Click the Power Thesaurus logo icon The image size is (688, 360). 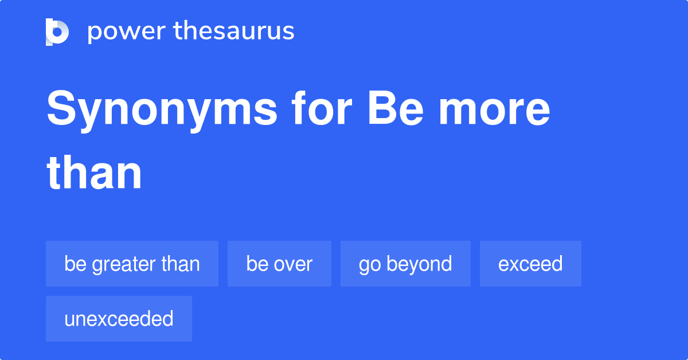coord(57,32)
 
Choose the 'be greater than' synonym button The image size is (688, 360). coord(132,264)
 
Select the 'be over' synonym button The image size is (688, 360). coord(279,264)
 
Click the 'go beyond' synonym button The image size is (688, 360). coord(405,264)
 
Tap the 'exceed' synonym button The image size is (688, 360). coord(530,264)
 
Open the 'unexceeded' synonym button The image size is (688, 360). coord(119,319)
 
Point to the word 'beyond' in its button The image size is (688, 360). coord(419,264)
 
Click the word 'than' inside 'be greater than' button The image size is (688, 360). coord(181,264)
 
